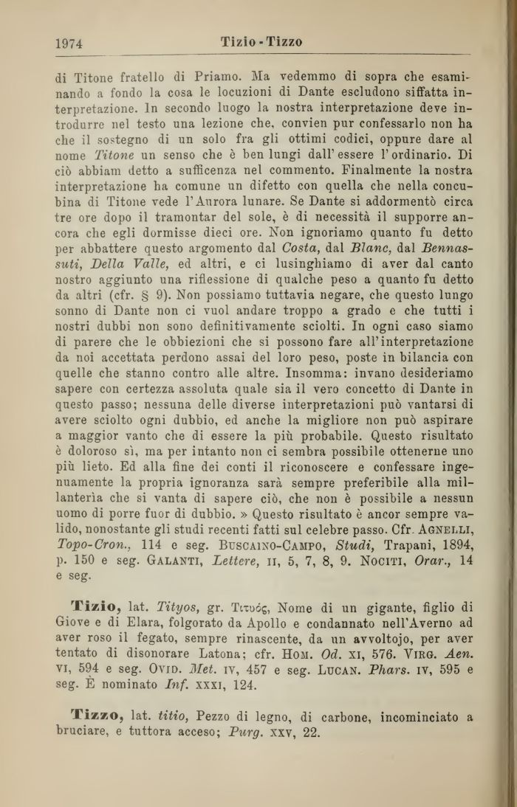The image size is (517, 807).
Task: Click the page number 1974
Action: (69, 44)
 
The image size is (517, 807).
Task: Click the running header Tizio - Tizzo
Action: (261, 42)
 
